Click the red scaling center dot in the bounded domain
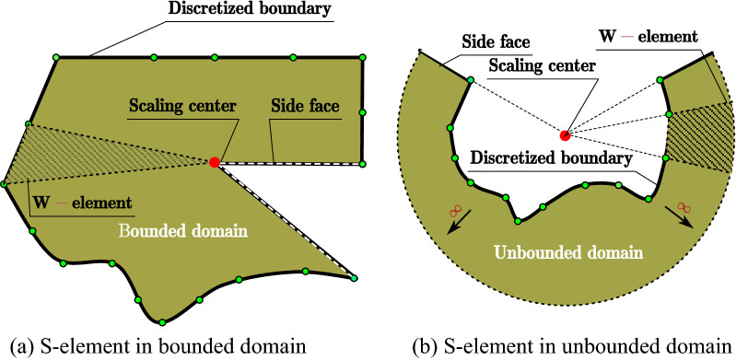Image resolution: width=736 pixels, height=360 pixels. point(215,162)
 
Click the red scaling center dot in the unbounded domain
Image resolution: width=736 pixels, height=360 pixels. point(566,134)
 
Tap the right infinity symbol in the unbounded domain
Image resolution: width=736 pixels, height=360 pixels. point(683,209)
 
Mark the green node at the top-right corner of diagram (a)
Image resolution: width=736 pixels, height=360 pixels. point(361,57)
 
